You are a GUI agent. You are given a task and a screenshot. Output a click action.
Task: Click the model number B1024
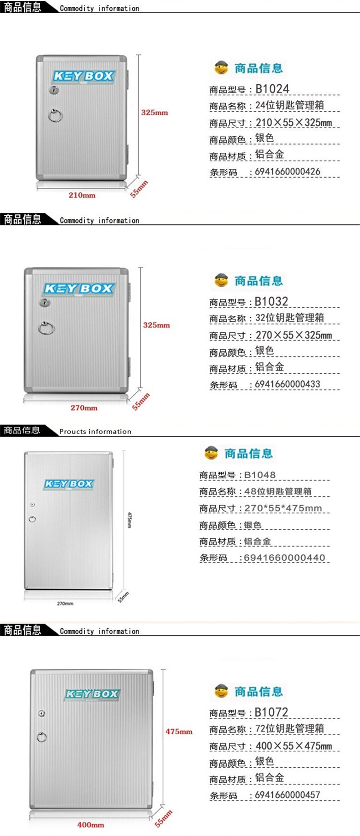(272, 89)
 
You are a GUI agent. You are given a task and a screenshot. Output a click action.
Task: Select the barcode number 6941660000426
(288, 172)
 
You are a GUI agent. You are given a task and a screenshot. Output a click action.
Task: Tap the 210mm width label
(82, 195)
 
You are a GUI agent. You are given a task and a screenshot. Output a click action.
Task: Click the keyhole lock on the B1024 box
(54, 91)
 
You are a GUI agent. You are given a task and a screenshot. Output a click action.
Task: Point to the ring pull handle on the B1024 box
(56, 115)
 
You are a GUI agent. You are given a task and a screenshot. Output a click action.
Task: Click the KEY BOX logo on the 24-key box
(83, 76)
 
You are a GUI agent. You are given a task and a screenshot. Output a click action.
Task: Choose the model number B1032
(271, 301)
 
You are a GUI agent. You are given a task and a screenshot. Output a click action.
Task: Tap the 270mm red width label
(84, 408)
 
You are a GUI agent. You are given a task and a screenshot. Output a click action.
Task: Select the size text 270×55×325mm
(293, 335)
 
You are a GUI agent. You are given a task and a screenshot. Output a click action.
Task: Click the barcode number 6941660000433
(288, 384)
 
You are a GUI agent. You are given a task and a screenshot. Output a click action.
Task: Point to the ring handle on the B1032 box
(46, 328)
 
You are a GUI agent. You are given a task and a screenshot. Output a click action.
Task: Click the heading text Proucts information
(95, 431)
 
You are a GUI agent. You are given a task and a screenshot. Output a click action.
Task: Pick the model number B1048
(260, 475)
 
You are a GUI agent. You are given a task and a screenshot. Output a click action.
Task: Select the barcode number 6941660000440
(284, 557)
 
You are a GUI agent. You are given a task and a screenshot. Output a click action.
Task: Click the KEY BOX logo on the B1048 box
(69, 484)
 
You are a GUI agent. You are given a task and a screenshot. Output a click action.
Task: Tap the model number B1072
(271, 712)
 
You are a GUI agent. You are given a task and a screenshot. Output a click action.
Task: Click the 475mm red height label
(179, 731)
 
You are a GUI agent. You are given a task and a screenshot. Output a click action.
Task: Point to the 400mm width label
(90, 825)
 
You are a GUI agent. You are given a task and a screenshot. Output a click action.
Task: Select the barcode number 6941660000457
(288, 795)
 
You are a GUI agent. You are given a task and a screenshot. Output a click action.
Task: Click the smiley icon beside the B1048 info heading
(211, 453)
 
